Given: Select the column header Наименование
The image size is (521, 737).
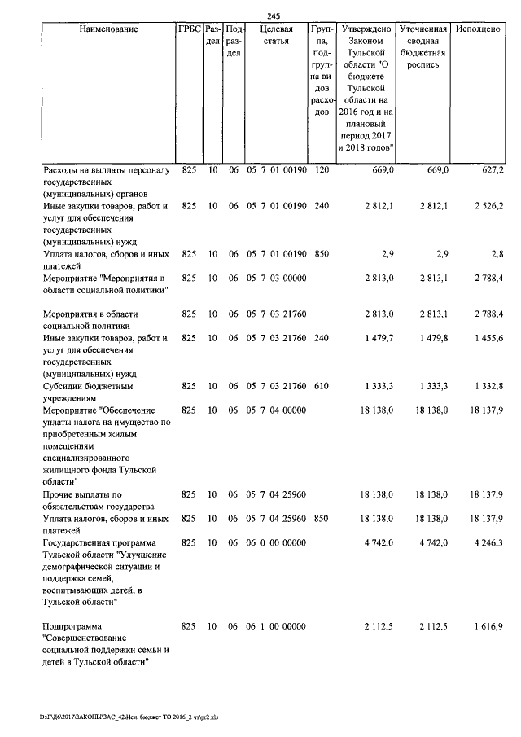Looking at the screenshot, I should pyautogui.click(x=108, y=29).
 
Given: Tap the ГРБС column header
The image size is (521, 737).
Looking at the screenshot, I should pyautogui.click(x=189, y=29).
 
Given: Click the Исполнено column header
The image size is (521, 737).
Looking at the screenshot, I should pyautogui.click(x=478, y=29).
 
